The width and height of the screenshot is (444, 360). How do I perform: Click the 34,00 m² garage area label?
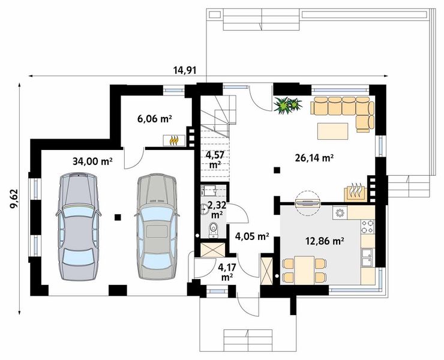[x=92, y=161]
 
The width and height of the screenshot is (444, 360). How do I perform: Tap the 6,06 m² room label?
[x=155, y=119]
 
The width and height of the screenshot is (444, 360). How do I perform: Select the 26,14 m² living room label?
[x=314, y=158]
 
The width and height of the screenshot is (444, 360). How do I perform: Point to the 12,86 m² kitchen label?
[x=325, y=241]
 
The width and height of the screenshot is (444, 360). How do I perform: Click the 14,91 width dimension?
[x=185, y=70]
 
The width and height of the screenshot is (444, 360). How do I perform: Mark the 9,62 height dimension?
[x=14, y=199]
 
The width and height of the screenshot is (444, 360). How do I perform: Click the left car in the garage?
[x=79, y=227]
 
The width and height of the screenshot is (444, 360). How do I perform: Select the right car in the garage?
[x=157, y=227]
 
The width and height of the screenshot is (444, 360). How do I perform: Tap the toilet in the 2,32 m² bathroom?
[x=213, y=230]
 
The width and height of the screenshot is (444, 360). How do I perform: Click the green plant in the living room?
[x=287, y=106]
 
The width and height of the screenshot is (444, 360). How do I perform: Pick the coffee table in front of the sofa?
[x=333, y=131]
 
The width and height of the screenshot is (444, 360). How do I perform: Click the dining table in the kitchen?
[x=304, y=269]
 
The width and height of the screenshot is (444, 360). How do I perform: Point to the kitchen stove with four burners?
[x=368, y=227]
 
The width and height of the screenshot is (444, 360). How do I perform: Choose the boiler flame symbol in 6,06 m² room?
[x=173, y=140]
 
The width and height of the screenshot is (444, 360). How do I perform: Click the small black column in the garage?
[x=118, y=217]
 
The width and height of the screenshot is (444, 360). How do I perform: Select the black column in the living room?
[x=277, y=170]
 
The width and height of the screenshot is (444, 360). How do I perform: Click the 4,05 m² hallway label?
[x=252, y=236]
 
